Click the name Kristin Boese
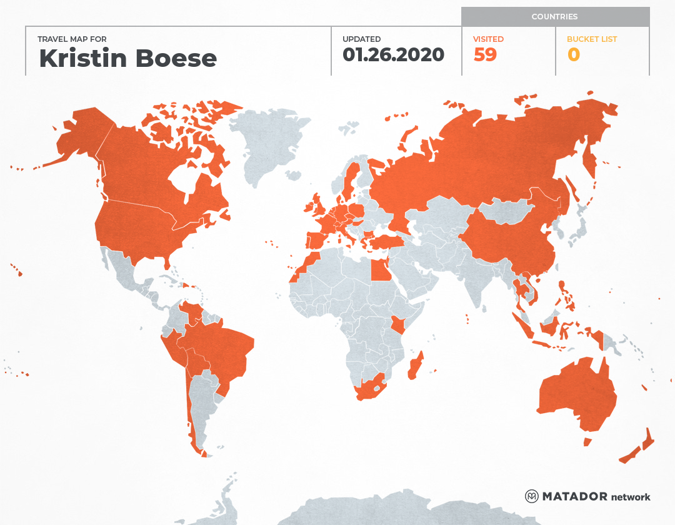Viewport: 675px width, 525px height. tap(127, 58)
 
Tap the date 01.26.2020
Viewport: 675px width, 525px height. tap(393, 54)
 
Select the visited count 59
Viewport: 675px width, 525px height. tap(485, 55)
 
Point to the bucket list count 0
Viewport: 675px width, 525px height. tap(573, 55)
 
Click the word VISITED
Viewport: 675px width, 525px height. tap(488, 39)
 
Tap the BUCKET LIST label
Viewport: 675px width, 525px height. tap(591, 39)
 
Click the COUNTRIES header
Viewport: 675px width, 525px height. tap(554, 17)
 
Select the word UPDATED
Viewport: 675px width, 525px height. tap(361, 39)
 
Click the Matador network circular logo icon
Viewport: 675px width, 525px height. tap(532, 496)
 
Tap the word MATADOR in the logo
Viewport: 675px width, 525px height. tap(574, 496)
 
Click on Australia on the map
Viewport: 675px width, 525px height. tap(575, 394)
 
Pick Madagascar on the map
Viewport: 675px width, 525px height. tap(415, 366)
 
